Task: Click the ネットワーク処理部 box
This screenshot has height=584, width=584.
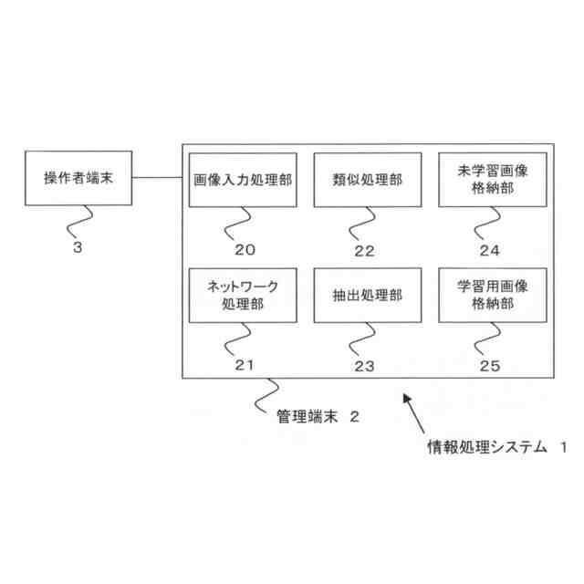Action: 243,296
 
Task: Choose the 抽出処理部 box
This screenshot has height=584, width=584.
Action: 368,296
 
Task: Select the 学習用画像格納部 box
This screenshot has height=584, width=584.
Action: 492,296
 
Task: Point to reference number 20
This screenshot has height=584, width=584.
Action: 244,249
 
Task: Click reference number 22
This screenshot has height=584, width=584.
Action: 365,249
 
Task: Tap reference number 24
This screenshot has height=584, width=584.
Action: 490,249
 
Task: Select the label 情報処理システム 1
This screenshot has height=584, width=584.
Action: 497,448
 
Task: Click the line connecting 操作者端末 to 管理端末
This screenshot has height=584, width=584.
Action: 156,178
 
